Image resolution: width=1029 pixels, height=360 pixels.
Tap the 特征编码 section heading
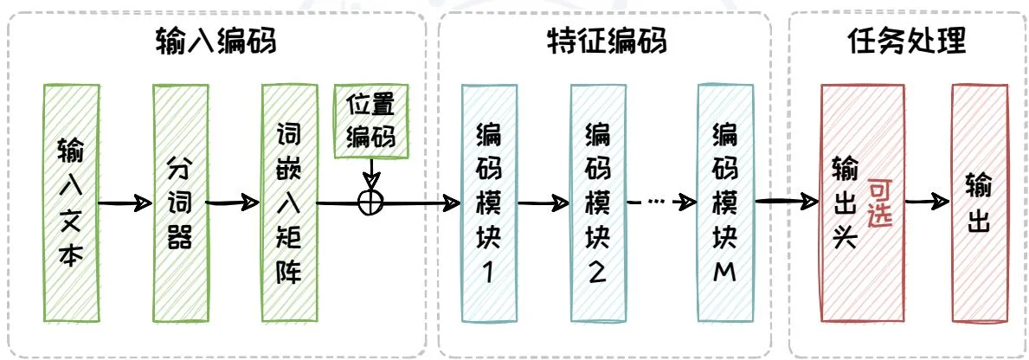pyautogui.click(x=606, y=42)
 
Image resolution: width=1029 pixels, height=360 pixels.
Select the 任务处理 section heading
pyautogui.click(x=905, y=42)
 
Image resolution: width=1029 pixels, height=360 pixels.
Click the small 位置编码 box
pyautogui.click(x=370, y=122)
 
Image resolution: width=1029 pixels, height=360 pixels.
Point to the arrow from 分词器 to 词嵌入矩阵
pyautogui.click(x=234, y=204)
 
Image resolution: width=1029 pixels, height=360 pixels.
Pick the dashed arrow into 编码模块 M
pyautogui.click(x=662, y=202)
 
